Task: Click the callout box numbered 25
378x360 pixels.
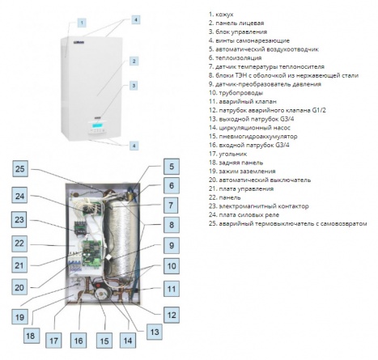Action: click(x=20, y=169)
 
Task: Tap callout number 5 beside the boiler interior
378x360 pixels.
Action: click(x=172, y=167)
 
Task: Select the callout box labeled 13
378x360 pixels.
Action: click(x=155, y=332)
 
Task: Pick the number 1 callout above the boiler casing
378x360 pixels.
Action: click(x=82, y=23)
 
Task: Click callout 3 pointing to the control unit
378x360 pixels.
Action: click(x=134, y=86)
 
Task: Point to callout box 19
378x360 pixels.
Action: click(x=19, y=316)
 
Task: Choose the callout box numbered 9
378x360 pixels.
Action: click(x=172, y=245)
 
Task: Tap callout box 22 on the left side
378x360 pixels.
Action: click(x=19, y=244)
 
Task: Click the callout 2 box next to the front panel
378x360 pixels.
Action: click(x=134, y=61)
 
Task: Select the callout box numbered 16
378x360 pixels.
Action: click(x=79, y=341)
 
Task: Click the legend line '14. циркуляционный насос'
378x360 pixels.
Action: click(x=249, y=128)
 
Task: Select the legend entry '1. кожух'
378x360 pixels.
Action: click(x=221, y=15)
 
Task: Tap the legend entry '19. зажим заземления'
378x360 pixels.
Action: click(x=242, y=172)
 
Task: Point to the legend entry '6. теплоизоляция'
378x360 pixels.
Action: click(x=235, y=57)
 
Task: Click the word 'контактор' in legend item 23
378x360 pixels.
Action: click(x=292, y=206)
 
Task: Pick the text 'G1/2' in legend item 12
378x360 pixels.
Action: click(x=319, y=110)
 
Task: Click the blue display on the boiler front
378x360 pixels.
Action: click(x=96, y=125)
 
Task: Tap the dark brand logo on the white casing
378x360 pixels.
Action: click(x=79, y=42)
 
